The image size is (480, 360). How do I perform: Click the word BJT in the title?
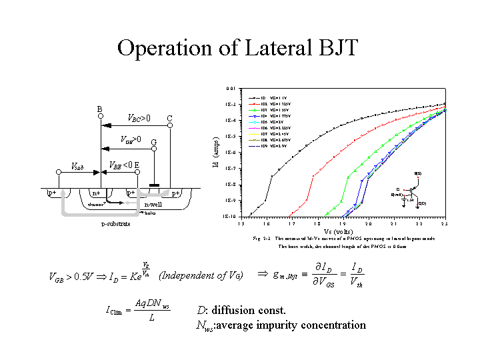tap(337, 48)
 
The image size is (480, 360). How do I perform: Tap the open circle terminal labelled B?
tap(100, 116)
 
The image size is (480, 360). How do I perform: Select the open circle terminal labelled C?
tap(170, 127)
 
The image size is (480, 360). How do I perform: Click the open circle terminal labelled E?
tap(137, 172)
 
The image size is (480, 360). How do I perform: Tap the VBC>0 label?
tap(139, 118)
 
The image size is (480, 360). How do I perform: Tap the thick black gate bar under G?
tap(155, 185)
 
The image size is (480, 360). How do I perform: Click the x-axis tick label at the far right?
tap(444, 223)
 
